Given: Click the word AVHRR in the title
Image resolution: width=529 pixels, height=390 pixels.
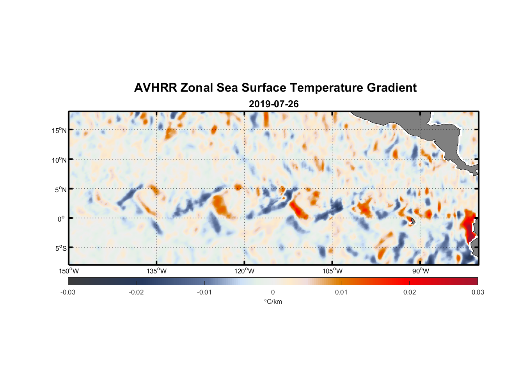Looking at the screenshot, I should tap(155, 88).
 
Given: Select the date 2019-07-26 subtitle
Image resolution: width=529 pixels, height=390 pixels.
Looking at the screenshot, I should tap(273, 104).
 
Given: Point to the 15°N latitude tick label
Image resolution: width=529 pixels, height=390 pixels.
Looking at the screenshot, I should tap(59, 130).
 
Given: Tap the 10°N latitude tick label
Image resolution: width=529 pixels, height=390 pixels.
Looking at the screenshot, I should tap(59, 160).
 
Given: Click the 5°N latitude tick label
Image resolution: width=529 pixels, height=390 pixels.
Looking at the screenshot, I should tap(60, 190).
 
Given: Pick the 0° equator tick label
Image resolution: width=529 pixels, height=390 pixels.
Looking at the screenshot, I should tap(61, 219).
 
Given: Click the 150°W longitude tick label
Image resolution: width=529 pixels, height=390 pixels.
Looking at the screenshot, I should tap(69, 271).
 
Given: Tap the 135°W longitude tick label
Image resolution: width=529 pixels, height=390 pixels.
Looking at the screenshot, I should tap(156, 271).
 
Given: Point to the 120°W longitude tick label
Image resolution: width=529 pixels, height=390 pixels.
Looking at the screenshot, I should tap(245, 271).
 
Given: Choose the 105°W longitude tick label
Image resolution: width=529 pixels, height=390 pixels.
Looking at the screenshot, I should tap(332, 271).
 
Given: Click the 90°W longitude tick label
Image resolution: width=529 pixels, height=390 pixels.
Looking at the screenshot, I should tap(421, 271).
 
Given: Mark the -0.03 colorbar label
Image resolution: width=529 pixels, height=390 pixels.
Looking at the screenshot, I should tap(68, 292).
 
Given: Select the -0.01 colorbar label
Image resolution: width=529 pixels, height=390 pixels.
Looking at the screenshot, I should tap(204, 292).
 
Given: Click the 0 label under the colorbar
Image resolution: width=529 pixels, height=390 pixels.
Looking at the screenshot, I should tap(273, 292).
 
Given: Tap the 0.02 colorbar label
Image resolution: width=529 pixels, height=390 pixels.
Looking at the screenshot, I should tap(410, 292).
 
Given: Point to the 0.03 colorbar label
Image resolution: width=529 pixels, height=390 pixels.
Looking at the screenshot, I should tap(478, 292).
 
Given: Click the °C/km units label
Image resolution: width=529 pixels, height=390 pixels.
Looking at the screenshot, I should tap(273, 301).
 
